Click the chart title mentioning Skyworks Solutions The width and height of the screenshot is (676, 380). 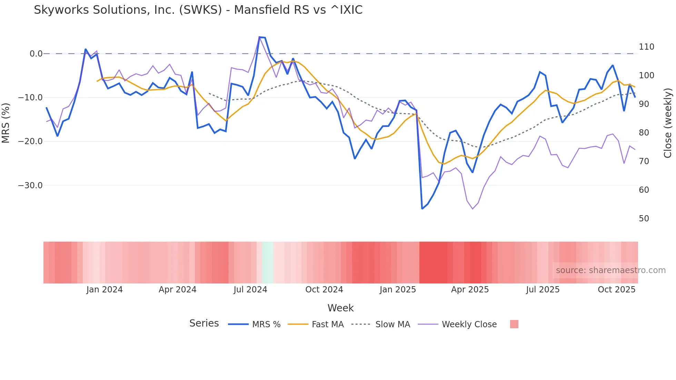click(x=198, y=10)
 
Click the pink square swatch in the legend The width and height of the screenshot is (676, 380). click(x=514, y=324)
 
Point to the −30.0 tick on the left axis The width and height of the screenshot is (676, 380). click(x=30, y=186)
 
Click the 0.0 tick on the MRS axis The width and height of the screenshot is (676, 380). click(x=36, y=54)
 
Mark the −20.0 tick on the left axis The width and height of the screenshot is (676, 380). click(x=30, y=141)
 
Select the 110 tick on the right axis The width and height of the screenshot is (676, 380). click(x=646, y=47)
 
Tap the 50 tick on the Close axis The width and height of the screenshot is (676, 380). click(x=644, y=219)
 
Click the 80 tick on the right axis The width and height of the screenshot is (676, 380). click(x=644, y=133)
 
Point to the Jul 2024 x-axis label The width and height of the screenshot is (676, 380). click(x=250, y=290)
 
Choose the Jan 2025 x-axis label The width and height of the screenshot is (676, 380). click(x=398, y=290)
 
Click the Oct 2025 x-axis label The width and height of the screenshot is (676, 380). click(x=616, y=290)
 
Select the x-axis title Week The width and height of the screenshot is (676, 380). click(x=340, y=308)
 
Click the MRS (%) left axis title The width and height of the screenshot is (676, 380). click(x=6, y=123)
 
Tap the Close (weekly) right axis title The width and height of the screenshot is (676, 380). click(x=668, y=123)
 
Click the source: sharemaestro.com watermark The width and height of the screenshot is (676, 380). click(x=610, y=270)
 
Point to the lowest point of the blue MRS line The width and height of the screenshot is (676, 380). click(x=422, y=209)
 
